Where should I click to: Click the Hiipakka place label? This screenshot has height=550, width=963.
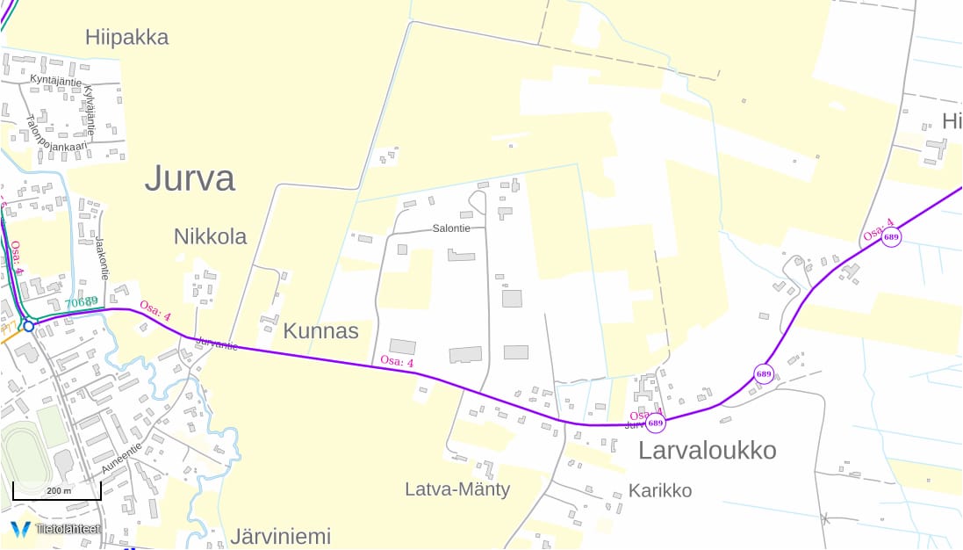pos(126,37)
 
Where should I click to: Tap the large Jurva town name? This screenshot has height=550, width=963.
pos(190,178)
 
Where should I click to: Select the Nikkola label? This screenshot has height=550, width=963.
pos(210,236)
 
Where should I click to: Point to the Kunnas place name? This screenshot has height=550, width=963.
pos(320,331)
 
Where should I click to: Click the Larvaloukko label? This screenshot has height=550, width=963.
pos(707,451)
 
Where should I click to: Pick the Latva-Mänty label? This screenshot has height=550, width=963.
pos(457,489)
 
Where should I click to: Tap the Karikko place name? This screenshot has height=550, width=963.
pos(660,490)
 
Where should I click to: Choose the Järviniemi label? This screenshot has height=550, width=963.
pos(280,536)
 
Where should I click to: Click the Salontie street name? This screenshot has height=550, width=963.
pos(451,228)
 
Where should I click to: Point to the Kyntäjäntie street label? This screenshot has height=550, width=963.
pos(55,81)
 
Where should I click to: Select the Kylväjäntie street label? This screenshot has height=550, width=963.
pos(89,110)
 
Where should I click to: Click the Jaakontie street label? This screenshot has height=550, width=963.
pos(103,256)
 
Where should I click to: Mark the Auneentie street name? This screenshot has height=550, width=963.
pos(120,459)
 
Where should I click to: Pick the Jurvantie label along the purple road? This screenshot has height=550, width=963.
pos(217,344)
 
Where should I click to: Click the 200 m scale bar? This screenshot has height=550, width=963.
pos(57,491)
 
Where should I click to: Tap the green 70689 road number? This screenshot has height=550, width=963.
pos(81,302)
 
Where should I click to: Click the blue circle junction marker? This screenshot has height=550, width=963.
pos(28,326)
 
